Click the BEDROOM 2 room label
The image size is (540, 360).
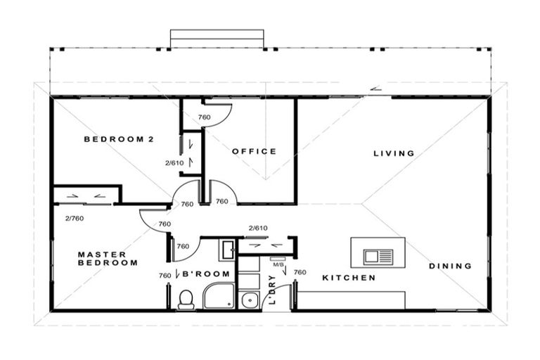tap(118, 139)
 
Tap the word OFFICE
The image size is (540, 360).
tap(254, 151)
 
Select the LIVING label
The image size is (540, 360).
tap(394, 153)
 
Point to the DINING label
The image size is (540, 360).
tap(450, 266)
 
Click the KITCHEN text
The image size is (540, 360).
tap(349, 278)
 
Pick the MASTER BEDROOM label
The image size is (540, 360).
tap(108, 259)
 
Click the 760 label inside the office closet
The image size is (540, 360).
tap(204, 117)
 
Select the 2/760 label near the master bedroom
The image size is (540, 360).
tap(74, 219)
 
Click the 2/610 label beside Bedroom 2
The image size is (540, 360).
tap(174, 163)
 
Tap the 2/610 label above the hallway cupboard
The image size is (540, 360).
tap(258, 229)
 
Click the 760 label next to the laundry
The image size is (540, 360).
tap(300, 272)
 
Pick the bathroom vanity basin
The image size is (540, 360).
tap(226, 250)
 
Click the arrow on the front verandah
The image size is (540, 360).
tap(377, 89)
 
